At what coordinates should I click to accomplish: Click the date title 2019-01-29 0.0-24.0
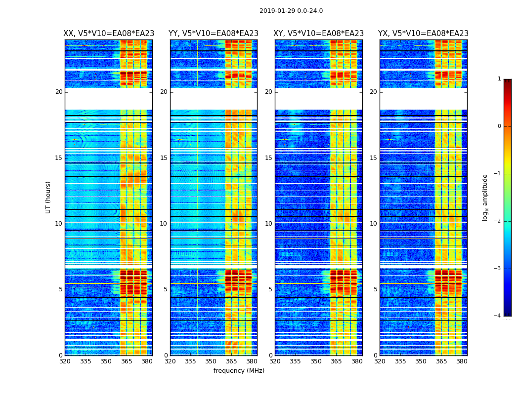(291, 11)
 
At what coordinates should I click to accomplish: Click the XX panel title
(109, 34)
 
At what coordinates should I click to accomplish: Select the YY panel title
(214, 34)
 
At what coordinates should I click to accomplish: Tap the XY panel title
(319, 34)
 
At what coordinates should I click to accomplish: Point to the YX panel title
(423, 34)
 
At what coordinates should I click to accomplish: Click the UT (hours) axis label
(48, 197)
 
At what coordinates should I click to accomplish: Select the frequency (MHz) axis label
(239, 371)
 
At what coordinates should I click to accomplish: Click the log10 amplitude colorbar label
(485, 197)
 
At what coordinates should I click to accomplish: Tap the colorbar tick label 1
(499, 79)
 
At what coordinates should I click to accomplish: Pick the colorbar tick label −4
(498, 316)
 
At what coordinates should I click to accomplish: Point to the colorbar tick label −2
(498, 221)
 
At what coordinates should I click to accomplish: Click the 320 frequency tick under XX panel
(65, 361)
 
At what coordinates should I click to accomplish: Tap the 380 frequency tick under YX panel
(462, 361)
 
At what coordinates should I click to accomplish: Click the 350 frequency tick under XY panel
(316, 361)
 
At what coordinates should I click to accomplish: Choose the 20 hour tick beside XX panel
(59, 92)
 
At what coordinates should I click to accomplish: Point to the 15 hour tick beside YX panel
(373, 158)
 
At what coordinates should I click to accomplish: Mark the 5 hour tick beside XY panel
(270, 289)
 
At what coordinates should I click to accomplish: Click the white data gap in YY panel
(214, 99)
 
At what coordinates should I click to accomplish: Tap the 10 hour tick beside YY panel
(164, 224)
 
